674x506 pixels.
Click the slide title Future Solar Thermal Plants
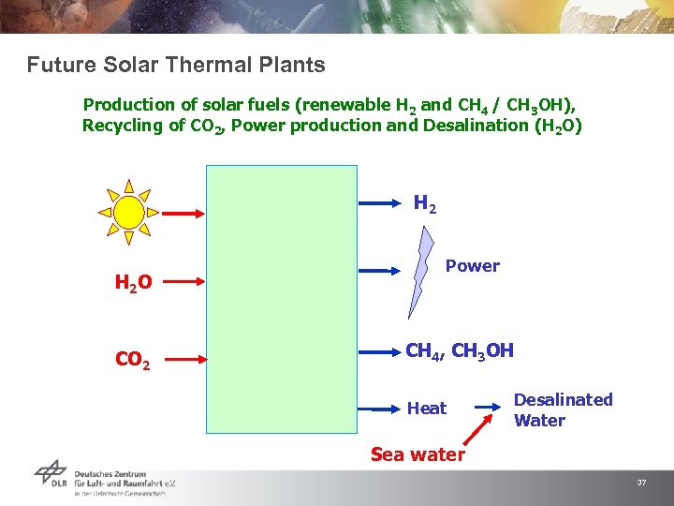(x=176, y=66)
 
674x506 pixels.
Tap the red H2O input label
(x=133, y=282)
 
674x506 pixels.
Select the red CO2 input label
(x=133, y=359)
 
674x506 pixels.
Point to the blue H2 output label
(x=425, y=202)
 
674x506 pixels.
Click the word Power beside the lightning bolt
(x=472, y=266)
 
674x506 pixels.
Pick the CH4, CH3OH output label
(x=459, y=352)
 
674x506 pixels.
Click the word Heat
(x=427, y=409)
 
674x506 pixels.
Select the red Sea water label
(x=418, y=455)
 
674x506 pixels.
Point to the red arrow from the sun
(x=183, y=214)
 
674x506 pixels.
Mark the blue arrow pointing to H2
(x=381, y=201)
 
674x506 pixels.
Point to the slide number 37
(x=641, y=483)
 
